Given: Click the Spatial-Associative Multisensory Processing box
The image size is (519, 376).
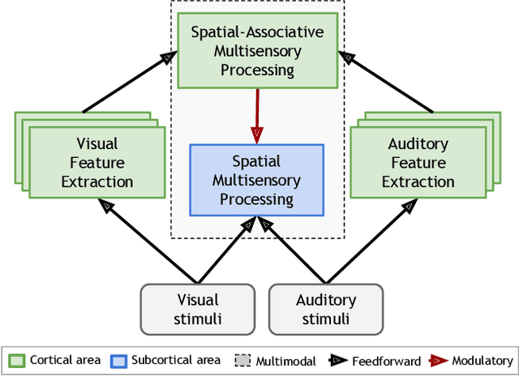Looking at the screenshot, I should [x=256, y=51].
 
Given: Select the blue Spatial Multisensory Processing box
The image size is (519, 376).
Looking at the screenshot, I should [x=256, y=180].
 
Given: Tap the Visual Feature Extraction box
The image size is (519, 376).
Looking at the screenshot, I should [x=97, y=163].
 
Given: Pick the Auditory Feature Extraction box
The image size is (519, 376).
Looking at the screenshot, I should [x=418, y=163].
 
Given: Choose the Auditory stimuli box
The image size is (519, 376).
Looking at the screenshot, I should [x=325, y=309].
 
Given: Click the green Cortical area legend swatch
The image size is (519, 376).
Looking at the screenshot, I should [x=17, y=360].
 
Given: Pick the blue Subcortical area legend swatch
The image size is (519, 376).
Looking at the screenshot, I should [x=119, y=360].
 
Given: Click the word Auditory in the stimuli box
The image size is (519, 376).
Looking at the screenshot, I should [x=325, y=300].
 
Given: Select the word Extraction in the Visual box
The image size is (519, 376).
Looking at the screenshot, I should [x=97, y=182].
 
